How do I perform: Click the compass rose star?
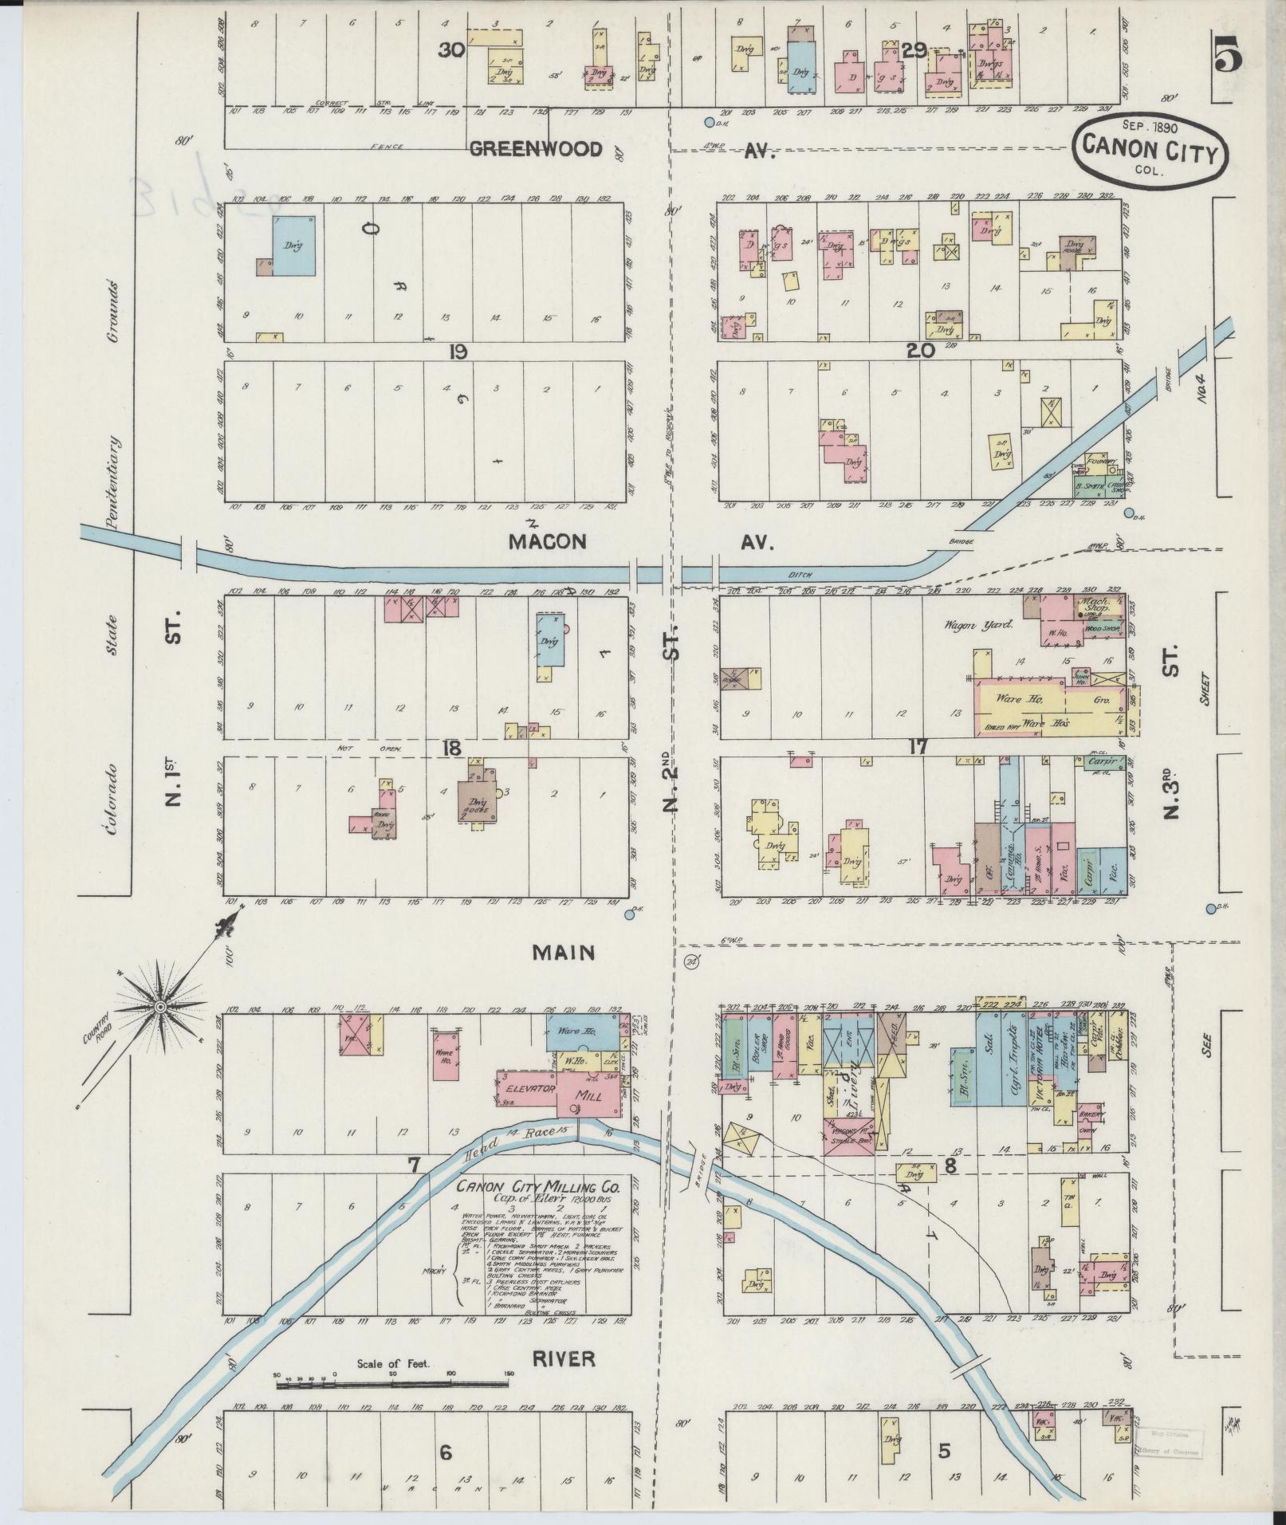tap(160, 1007)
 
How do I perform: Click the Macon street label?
tap(548, 542)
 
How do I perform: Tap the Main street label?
tap(564, 952)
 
